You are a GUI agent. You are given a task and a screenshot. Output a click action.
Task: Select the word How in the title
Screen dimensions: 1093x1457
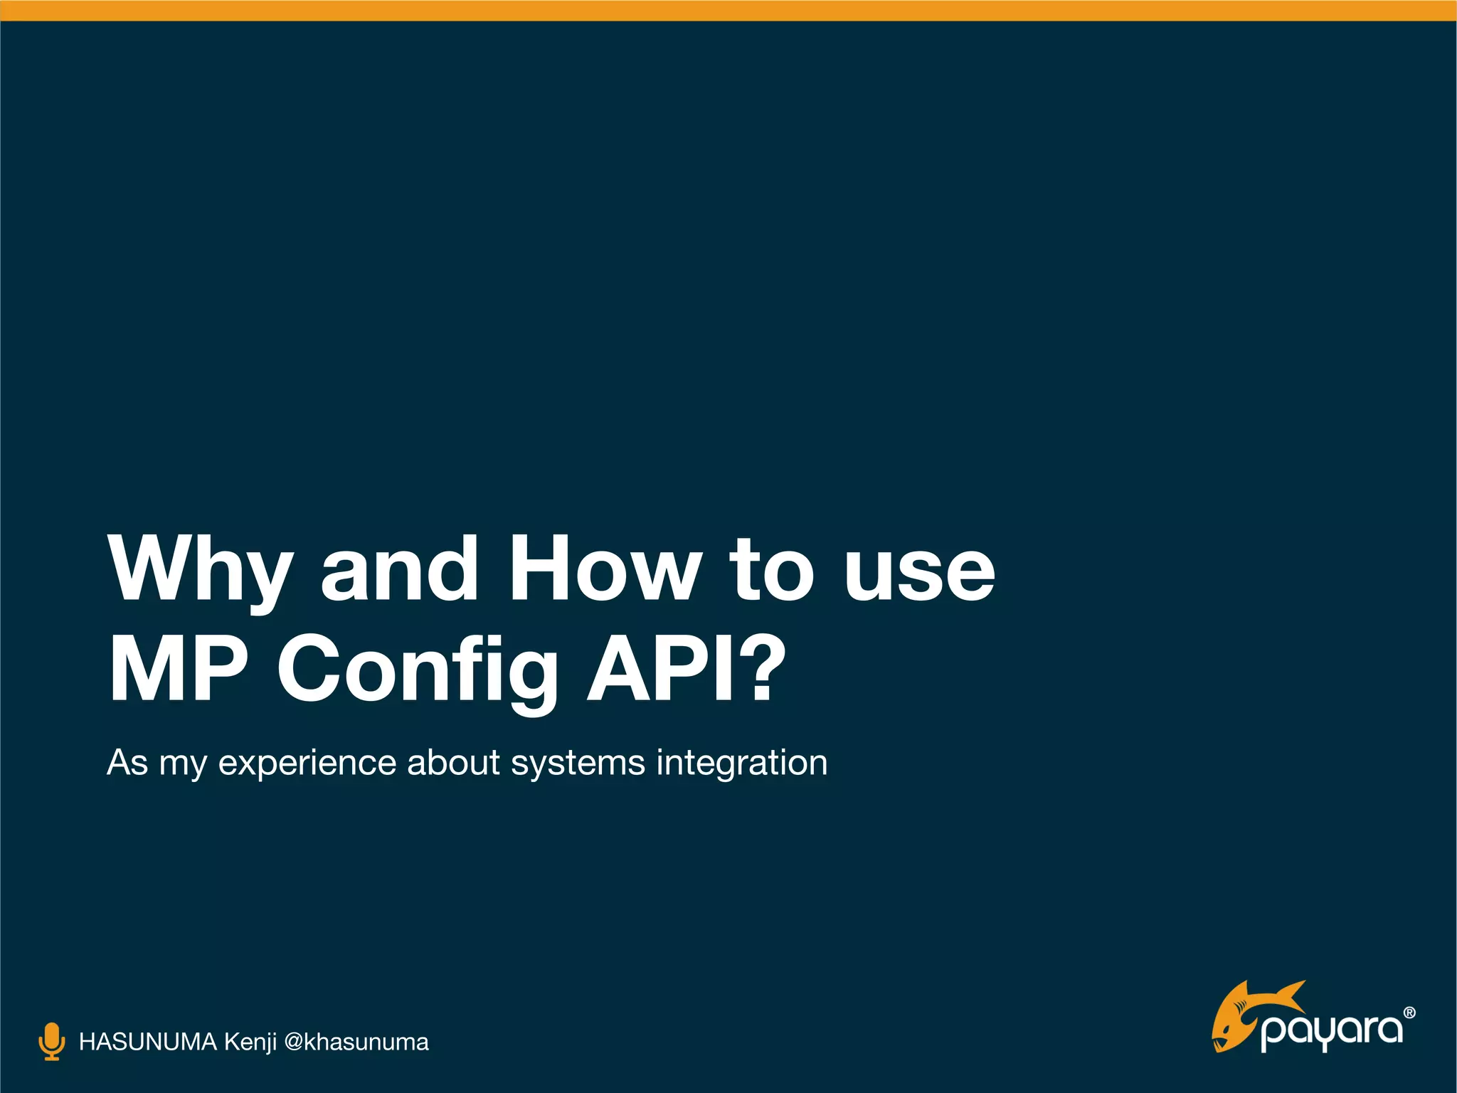(x=605, y=569)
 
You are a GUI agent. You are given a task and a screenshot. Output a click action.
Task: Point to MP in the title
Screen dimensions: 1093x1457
(x=178, y=669)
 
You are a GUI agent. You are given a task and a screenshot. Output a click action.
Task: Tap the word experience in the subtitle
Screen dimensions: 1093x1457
(x=307, y=764)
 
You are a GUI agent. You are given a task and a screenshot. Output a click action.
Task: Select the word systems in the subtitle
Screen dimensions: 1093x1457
(x=578, y=764)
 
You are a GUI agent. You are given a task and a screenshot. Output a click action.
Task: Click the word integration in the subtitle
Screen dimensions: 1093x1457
(x=741, y=764)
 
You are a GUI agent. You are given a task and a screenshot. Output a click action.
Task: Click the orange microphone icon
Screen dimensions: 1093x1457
(x=51, y=1042)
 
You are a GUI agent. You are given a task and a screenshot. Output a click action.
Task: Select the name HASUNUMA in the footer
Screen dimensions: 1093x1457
(x=147, y=1042)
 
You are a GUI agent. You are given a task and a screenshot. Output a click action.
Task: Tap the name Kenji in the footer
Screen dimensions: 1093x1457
(x=250, y=1042)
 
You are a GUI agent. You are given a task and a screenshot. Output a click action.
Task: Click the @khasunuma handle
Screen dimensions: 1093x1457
(x=356, y=1042)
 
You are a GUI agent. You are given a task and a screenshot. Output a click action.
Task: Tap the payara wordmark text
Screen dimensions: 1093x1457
(x=1332, y=1032)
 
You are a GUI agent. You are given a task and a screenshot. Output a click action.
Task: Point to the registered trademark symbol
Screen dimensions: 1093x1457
(x=1409, y=1013)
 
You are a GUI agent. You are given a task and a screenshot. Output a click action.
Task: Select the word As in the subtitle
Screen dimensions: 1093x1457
(x=127, y=762)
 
